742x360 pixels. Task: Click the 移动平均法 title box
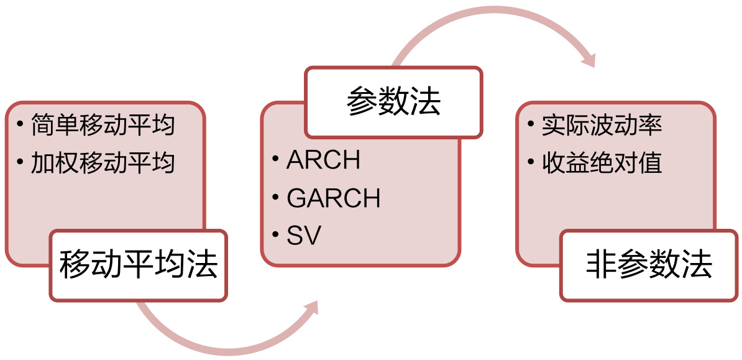coord(138,266)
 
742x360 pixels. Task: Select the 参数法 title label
coord(393,102)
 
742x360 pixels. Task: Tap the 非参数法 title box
coord(649,266)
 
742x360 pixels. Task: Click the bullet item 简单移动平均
coord(103,126)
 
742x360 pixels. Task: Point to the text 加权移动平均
coord(103,163)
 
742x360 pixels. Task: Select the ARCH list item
coord(323,161)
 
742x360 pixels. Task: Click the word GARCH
coord(334,198)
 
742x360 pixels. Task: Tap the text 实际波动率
coord(602,126)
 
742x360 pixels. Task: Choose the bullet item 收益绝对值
coord(602,163)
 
